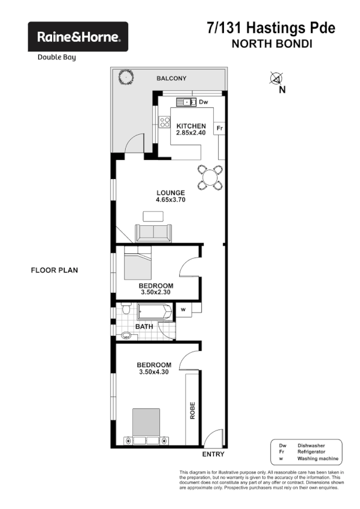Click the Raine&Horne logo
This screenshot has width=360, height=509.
click(78, 37)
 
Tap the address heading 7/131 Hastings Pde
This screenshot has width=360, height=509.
click(271, 28)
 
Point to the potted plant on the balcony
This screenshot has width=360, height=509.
click(126, 78)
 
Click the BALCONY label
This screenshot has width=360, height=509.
click(172, 78)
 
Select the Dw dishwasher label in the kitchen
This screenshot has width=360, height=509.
click(203, 102)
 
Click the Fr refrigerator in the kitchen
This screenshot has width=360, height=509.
click(220, 128)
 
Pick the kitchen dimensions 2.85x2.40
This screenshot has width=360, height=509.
click(190, 133)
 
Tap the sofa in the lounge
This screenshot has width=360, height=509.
click(153, 232)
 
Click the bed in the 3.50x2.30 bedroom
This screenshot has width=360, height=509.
click(137, 265)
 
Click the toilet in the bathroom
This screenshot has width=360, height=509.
click(125, 311)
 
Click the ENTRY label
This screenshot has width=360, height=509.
click(213, 455)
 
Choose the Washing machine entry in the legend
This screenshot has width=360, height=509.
click(317, 459)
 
